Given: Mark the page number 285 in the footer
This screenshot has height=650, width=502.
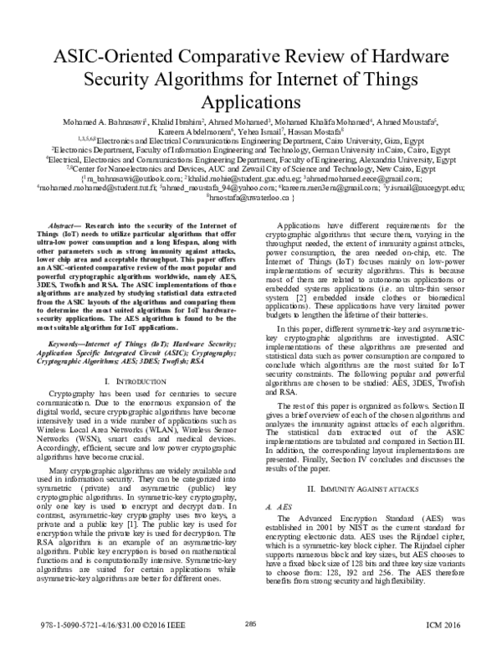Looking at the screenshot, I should pyautogui.click(x=250, y=623).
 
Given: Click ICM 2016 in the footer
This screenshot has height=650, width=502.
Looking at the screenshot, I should pyautogui.click(x=448, y=623).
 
